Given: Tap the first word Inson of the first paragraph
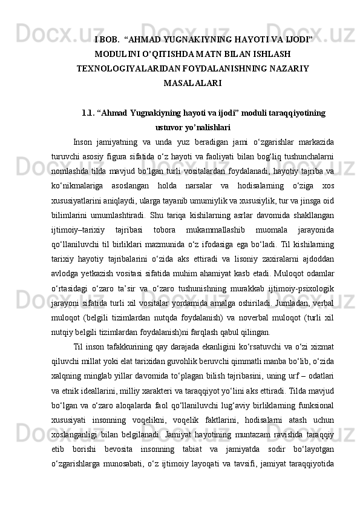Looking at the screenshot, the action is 82,142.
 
